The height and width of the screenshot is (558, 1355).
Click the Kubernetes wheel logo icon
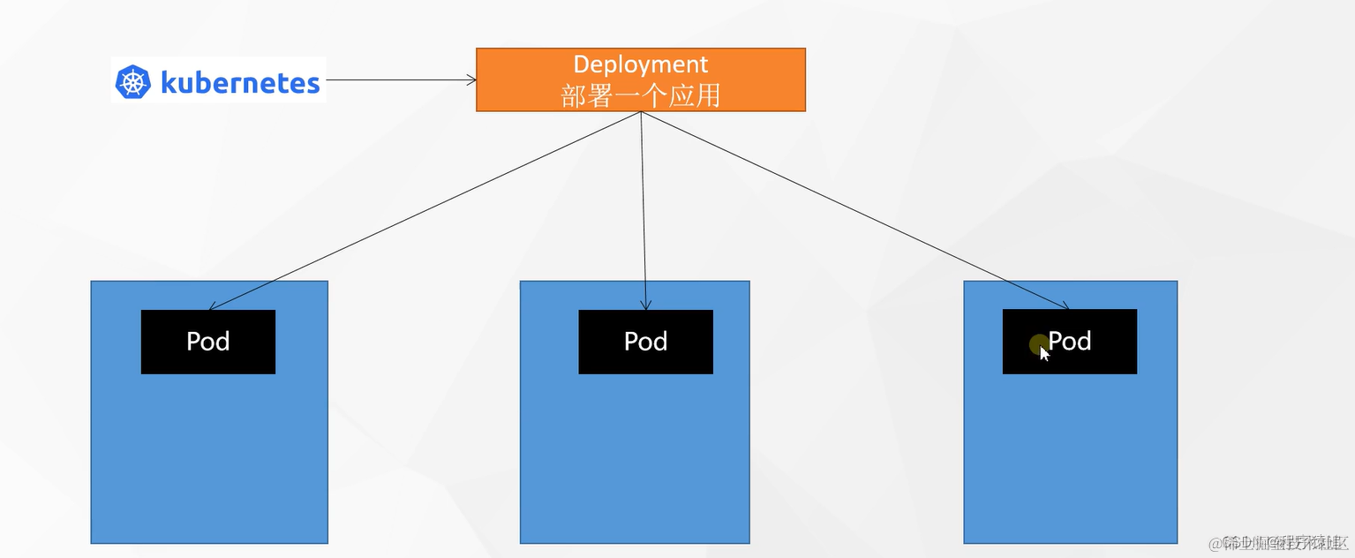tap(133, 82)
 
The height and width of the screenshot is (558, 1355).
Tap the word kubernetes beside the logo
tap(239, 83)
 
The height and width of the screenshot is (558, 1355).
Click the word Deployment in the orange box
tap(640, 64)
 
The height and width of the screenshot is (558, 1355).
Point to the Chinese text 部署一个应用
tap(640, 95)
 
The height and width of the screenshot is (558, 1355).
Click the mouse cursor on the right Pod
tap(1043, 352)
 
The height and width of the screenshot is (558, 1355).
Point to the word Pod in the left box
tap(207, 342)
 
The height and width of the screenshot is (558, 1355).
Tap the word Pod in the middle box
tap(645, 342)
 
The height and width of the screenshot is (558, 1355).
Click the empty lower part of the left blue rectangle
tap(209, 459)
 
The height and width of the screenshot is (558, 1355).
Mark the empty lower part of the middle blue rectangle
tap(634, 459)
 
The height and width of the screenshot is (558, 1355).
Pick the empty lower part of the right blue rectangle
tap(1070, 459)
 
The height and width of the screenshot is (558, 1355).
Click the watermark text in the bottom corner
tap(1280, 541)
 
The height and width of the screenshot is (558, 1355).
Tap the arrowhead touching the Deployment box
tap(471, 79)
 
